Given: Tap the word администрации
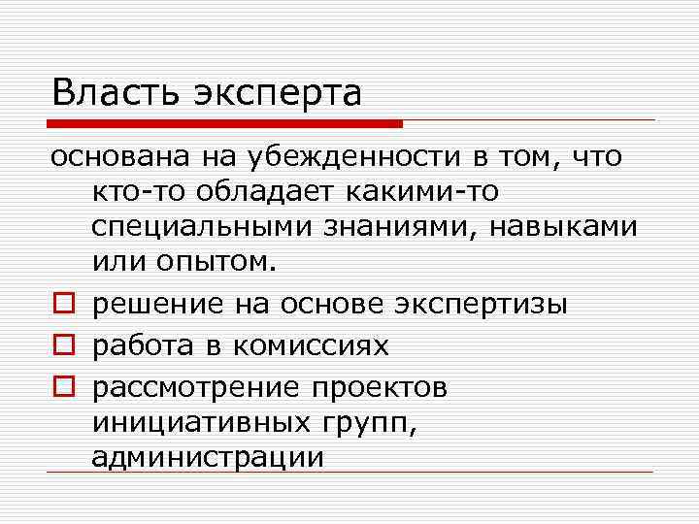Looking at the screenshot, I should click(x=207, y=456).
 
